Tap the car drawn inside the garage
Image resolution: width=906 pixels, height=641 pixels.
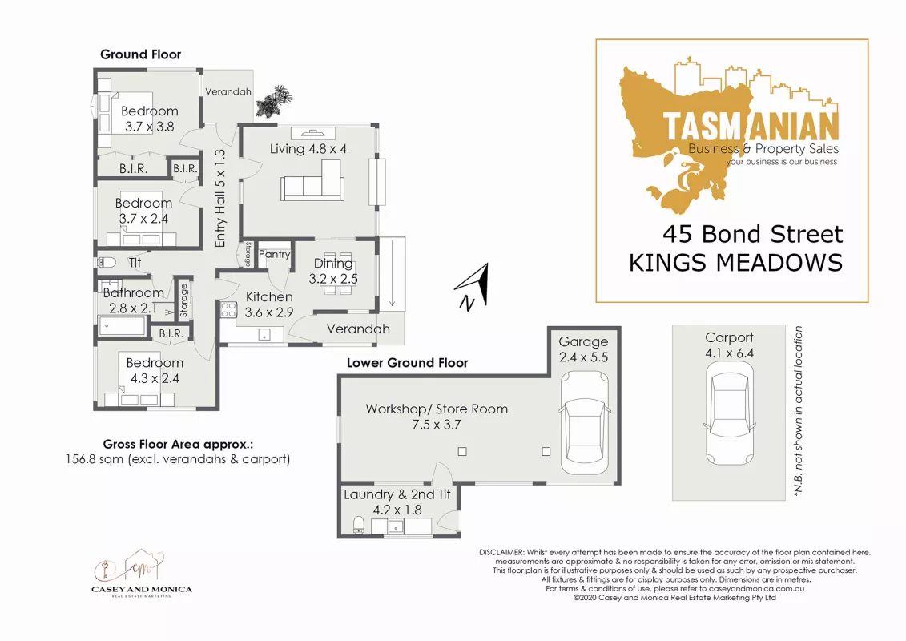point(584,423)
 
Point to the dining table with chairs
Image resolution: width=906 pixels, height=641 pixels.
point(337,272)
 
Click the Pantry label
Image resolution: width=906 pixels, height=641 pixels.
point(275,254)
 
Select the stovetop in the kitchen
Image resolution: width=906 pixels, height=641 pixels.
point(228,309)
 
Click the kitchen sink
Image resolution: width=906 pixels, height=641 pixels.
point(264,335)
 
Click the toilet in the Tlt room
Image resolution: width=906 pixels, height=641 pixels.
point(107,263)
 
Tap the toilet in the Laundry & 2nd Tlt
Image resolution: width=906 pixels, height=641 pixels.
point(359,525)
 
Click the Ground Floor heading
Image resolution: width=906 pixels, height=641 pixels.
point(140,54)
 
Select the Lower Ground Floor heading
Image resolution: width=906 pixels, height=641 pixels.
point(408,363)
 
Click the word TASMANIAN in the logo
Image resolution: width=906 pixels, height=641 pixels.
point(750,126)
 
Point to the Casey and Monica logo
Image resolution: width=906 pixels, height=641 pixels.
point(142,572)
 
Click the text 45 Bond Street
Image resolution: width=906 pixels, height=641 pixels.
point(752,234)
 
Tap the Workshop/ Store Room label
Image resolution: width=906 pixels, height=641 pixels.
point(437,409)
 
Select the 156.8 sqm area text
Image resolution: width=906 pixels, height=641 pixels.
point(178,459)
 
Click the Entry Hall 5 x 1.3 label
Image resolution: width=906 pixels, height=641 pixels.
point(219,198)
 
